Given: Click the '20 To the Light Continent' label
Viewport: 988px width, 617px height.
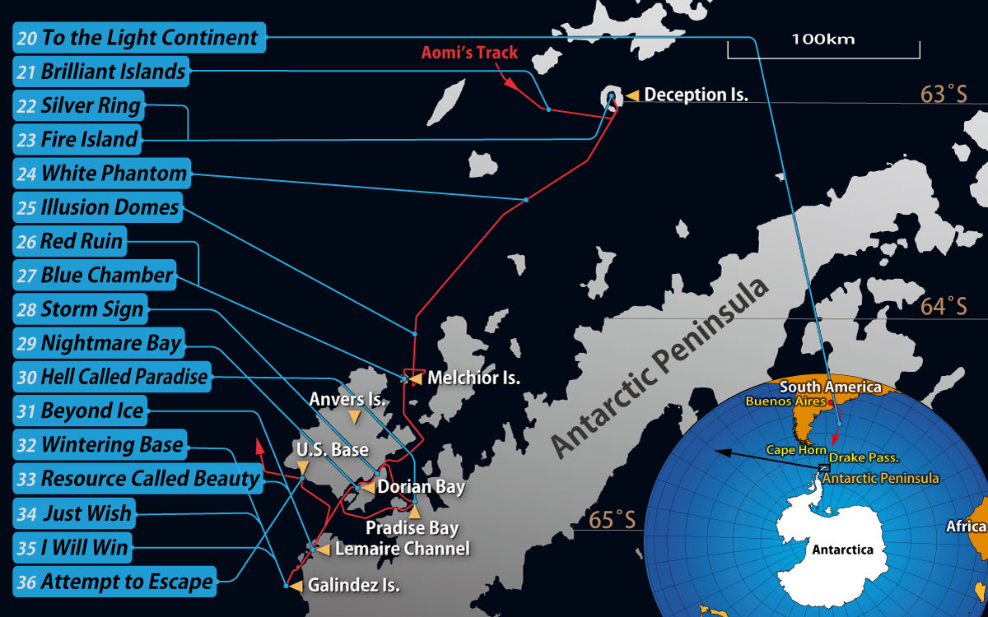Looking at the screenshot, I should [139, 38].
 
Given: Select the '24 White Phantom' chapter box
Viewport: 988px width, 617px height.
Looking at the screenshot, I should [103, 174].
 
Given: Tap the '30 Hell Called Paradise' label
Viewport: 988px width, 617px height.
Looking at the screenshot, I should [113, 378].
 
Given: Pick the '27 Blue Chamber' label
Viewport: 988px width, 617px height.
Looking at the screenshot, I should [96, 276].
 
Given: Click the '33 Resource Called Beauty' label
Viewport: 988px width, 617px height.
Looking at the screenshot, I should [138, 479].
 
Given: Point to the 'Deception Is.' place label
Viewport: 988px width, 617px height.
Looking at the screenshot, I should [696, 95].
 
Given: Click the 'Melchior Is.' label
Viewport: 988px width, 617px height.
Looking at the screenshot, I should [474, 378].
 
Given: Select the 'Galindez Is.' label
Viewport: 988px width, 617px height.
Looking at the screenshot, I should [354, 586].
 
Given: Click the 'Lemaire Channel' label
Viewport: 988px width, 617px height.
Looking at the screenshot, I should [403, 549].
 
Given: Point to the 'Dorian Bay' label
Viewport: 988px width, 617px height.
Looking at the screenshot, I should [422, 487].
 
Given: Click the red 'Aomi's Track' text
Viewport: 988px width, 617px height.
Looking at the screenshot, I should [470, 53].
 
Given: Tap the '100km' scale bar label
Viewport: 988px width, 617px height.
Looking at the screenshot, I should [823, 39].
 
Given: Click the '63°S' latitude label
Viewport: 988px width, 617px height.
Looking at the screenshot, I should [944, 94].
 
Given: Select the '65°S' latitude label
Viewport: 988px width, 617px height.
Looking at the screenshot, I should [612, 521].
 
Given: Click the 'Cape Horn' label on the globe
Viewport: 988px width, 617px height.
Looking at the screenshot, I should [795, 450].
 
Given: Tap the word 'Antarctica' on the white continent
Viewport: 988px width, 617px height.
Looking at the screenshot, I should [842, 550].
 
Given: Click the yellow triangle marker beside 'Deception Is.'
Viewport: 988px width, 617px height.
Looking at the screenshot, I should [632, 95].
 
